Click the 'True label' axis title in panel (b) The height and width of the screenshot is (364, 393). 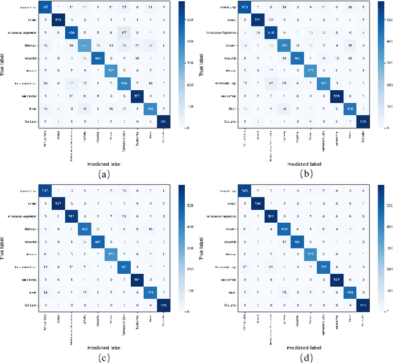[x=207, y=69]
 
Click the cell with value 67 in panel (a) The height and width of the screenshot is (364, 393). [x=123, y=33]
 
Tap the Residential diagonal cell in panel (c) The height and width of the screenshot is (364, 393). [x=123, y=266]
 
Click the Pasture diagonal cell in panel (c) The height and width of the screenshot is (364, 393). [x=110, y=254]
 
